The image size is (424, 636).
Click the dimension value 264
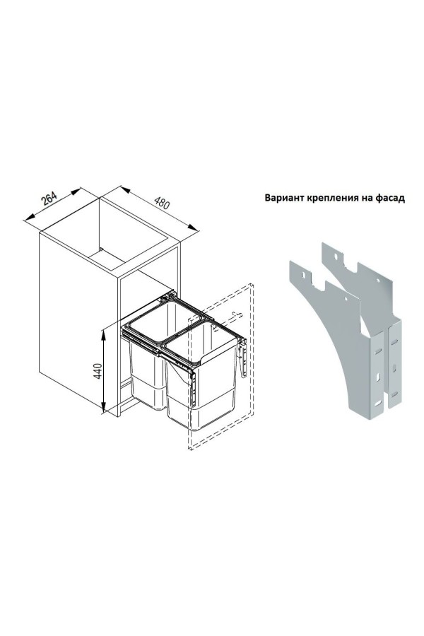(49, 199)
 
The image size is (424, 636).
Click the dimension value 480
(163, 202)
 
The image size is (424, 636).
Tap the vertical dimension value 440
(98, 371)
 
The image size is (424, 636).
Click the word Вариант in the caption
(284, 198)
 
